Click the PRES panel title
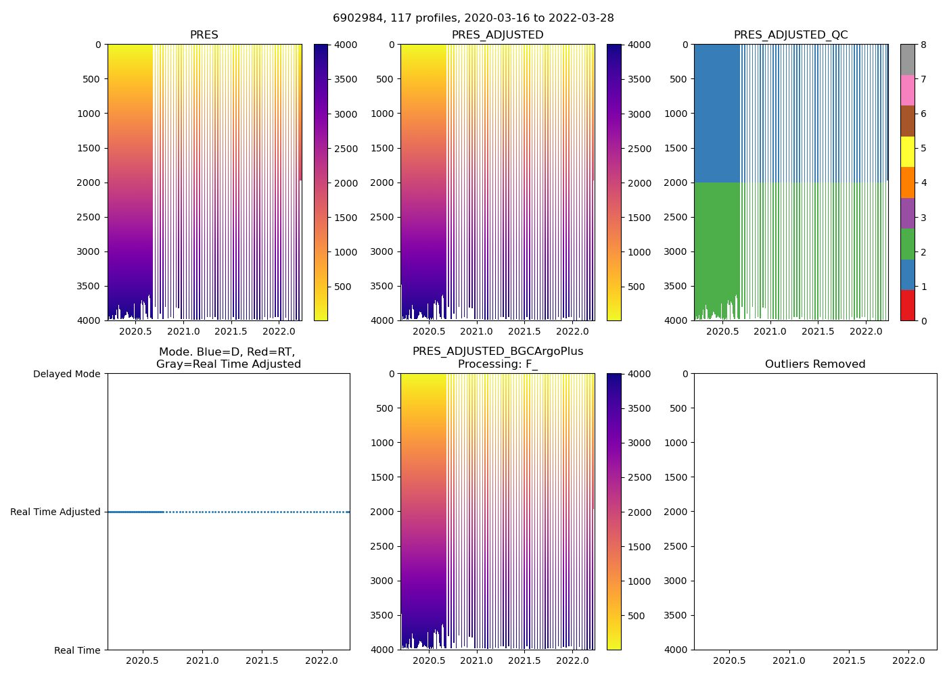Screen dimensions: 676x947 (204, 35)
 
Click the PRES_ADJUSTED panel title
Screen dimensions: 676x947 (497, 35)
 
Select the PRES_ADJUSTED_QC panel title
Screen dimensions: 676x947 (791, 35)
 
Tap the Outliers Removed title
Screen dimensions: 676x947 (815, 364)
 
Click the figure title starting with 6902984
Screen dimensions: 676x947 (473, 18)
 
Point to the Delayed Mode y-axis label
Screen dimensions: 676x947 (66, 374)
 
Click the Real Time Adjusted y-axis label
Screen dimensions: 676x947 (55, 512)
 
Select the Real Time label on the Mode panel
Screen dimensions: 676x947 (77, 650)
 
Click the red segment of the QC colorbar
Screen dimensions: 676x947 (908, 306)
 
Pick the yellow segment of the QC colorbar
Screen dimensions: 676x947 (908, 152)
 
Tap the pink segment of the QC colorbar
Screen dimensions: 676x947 (908, 91)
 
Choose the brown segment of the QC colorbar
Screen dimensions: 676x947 (908, 121)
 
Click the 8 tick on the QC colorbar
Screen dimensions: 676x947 (923, 45)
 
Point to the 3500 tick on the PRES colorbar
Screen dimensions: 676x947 (346, 80)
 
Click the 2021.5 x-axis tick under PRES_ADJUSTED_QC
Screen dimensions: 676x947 (818, 332)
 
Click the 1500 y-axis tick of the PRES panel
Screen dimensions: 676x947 (88, 148)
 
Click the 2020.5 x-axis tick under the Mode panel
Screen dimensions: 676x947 (142, 661)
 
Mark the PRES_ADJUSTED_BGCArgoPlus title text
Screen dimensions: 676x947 (497, 352)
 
